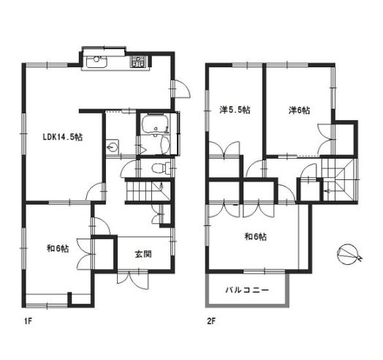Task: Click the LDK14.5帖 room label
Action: pyautogui.click(x=63, y=137)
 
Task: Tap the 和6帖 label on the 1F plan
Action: pyautogui.click(x=58, y=249)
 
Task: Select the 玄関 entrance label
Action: pyautogui.click(x=143, y=255)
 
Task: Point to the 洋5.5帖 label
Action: pyautogui.click(x=235, y=110)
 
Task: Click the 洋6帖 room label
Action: pyautogui.click(x=300, y=110)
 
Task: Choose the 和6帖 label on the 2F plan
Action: pyautogui.click(x=256, y=237)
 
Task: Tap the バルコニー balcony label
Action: pyautogui.click(x=247, y=290)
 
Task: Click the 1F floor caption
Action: pyautogui.click(x=28, y=321)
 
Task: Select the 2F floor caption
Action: pyautogui.click(x=211, y=321)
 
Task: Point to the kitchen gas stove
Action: pyautogui.click(x=139, y=61)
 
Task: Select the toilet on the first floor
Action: pyautogui.click(x=161, y=168)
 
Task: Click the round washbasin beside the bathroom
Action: pyautogui.click(x=113, y=147)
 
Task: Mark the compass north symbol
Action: pyautogui.click(x=349, y=255)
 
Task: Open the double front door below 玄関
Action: pyautogui.click(x=132, y=280)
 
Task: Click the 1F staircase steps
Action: pyautogui.click(x=148, y=191)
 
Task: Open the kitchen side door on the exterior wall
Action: pyautogui.click(x=181, y=89)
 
